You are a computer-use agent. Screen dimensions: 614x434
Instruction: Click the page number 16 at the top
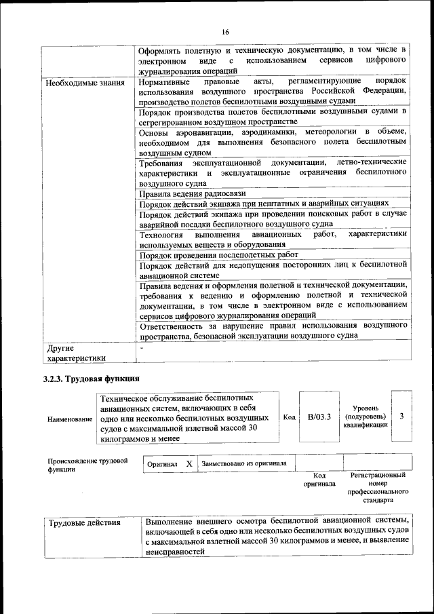(225, 33)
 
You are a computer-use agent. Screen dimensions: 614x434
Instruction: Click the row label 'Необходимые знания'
(85, 83)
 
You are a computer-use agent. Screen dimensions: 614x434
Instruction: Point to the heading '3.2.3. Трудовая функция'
(92, 379)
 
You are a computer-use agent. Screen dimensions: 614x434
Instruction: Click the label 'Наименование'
(70, 419)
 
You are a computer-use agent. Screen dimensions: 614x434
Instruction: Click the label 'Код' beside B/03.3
(289, 417)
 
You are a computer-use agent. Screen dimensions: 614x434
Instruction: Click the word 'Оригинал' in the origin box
(162, 464)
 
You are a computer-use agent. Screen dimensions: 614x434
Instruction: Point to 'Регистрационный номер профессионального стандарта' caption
(378, 488)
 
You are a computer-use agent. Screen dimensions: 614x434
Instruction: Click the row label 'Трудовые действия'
(85, 522)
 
